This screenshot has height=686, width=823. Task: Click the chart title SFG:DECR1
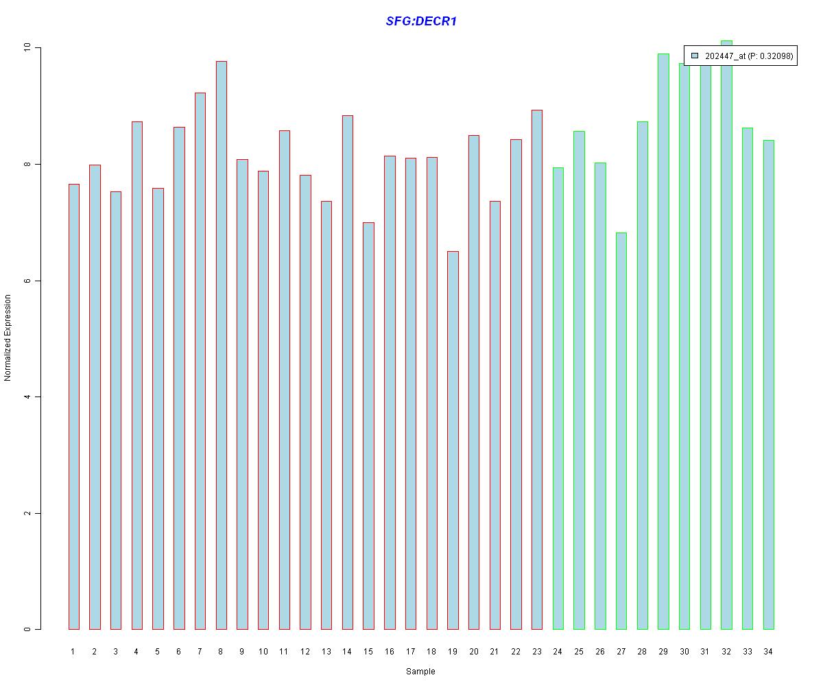coord(421,21)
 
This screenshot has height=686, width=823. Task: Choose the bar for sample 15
coord(368,425)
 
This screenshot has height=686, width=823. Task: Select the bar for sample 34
coord(769,385)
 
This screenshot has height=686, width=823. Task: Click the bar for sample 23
coord(537,370)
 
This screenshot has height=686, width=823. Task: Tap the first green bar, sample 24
coord(558,399)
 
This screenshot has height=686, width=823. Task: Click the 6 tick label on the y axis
coord(28,281)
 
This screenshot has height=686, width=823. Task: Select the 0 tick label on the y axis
coord(28,629)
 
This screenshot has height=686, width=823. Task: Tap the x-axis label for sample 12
coord(305,652)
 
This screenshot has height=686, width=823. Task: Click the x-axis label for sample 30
coord(684,652)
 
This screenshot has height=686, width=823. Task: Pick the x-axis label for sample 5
coord(158,652)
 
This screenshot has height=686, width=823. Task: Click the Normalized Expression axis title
coord(8,338)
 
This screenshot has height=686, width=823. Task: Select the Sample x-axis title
coord(420,672)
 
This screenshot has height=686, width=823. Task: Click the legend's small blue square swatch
coord(695,56)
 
